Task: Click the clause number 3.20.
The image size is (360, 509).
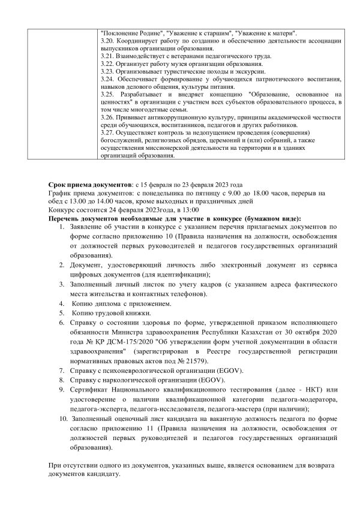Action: pyautogui.click(x=107, y=40)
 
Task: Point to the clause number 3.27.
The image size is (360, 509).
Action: pyautogui.click(x=107, y=132)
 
